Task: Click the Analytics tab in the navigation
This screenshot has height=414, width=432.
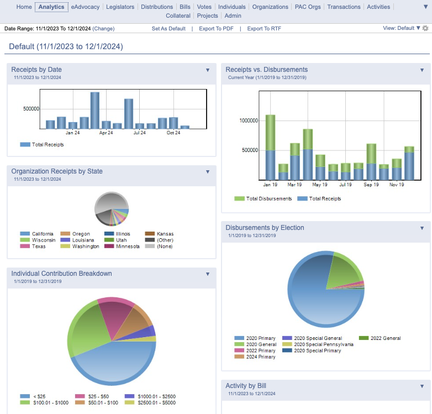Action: (51, 7)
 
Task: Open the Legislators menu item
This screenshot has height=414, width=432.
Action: (120, 7)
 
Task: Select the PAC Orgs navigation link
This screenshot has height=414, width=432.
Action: (308, 7)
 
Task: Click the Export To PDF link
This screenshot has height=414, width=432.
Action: (216, 29)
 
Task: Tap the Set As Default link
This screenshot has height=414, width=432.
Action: (168, 29)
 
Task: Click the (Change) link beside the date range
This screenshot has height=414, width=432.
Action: (103, 29)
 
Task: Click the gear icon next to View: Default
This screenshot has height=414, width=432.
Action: (426, 28)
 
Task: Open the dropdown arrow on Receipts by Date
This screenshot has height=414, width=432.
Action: (208, 70)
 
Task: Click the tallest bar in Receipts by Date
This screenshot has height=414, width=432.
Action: (95, 110)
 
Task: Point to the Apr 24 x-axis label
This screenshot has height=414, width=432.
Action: (106, 133)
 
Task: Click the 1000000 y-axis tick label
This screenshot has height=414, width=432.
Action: (249, 120)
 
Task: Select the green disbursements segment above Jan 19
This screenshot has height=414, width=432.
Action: (270, 133)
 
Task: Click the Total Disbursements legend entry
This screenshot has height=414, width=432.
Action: (263, 199)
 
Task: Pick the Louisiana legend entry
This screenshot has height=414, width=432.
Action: (77, 240)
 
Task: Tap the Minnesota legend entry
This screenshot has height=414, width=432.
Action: (122, 247)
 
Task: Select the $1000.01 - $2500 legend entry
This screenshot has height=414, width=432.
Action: (150, 396)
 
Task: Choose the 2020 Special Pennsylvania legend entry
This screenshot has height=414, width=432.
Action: (318, 344)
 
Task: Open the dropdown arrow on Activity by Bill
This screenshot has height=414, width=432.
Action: (422, 386)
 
